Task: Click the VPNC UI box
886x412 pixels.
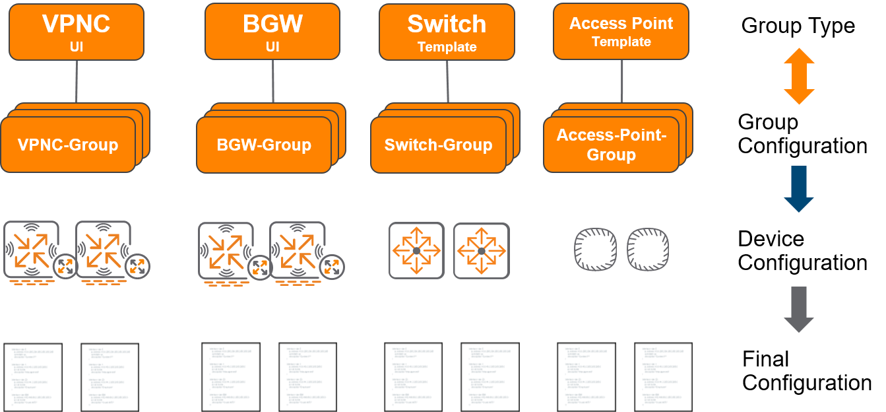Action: coord(76,32)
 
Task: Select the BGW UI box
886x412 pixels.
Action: coord(272,31)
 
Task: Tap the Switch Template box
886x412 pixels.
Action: coord(447,31)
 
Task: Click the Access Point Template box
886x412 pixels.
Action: coord(621,31)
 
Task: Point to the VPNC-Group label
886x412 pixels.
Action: coord(67,145)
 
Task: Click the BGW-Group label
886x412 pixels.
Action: coord(264,145)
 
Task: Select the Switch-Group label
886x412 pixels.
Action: coord(438,145)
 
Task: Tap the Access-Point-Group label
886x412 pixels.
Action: coord(611,145)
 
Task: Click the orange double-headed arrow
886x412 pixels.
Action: coord(799,76)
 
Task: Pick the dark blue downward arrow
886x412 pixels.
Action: coord(799,189)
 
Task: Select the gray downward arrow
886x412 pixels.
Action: coord(799,309)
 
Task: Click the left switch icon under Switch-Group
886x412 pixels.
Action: coord(416,250)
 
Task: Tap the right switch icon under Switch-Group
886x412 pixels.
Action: coord(481,250)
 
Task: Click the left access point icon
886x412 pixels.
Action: coord(593,250)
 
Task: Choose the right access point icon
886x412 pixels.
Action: coord(648,250)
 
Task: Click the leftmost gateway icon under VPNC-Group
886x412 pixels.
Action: coord(31,250)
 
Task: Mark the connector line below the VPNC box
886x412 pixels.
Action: coord(77,81)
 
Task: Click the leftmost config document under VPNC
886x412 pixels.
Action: coord(33,377)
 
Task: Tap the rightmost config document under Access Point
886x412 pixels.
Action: coord(663,377)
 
